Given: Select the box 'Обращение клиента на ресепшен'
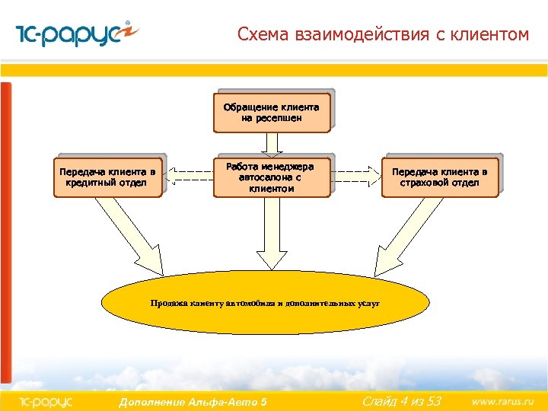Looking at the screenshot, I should [271, 113].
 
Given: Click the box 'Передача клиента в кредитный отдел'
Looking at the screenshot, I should [107, 177].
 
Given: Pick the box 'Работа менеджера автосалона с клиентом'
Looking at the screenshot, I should [271, 177].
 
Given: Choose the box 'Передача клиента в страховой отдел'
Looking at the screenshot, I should [439, 177].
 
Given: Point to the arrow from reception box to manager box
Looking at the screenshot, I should [275, 142].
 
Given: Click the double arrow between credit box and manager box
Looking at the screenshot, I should [189, 177].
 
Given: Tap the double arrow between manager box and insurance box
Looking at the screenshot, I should [358, 177].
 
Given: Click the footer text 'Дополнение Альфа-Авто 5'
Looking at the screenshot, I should [193, 401].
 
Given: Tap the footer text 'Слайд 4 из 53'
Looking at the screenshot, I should [401, 400].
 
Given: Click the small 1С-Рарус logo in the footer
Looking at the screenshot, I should [45, 401].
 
